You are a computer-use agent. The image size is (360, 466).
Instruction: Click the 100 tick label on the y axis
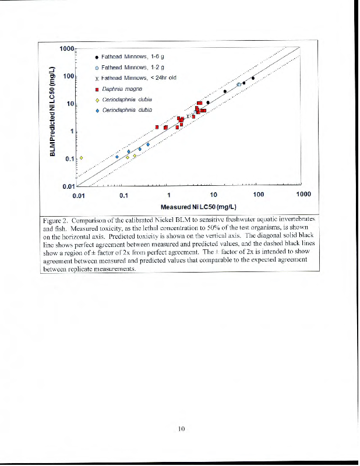point(69,76)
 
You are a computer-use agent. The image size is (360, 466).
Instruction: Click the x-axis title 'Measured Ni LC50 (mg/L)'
point(198,207)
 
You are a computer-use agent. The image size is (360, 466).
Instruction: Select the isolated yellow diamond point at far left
point(82,157)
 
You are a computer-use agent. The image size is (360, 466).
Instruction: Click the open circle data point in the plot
point(239,84)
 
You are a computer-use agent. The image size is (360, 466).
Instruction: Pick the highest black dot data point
point(253,78)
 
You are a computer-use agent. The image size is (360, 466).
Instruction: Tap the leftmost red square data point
point(157,126)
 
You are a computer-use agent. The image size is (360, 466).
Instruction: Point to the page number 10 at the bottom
point(181,429)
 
